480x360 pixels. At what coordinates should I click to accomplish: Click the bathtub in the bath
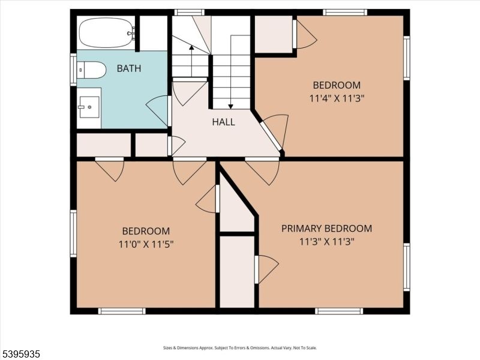106,32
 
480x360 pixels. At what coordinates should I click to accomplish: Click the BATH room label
128,68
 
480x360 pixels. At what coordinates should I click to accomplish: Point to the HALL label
223,122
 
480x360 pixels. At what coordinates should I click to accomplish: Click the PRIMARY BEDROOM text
326,229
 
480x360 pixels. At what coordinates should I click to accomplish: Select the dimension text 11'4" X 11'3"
336,98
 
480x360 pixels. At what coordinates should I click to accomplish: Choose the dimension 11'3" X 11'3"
327,242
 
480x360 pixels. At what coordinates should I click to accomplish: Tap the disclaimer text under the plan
240,348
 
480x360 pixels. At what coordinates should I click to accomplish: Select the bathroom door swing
158,110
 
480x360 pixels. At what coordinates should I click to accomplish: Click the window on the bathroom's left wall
73,69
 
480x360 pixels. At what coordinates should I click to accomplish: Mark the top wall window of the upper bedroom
344,12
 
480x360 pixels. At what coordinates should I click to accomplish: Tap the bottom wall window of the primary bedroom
339,311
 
